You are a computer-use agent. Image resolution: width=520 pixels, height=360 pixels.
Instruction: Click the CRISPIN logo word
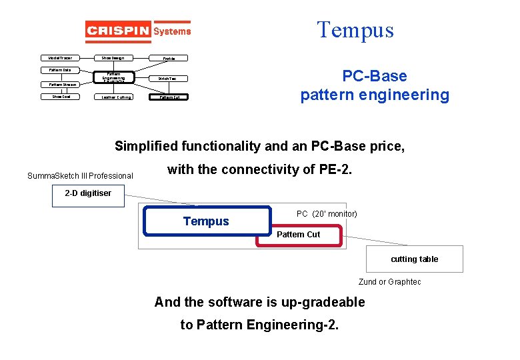coord(117,31)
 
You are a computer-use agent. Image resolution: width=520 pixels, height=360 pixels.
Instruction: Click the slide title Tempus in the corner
coord(355,30)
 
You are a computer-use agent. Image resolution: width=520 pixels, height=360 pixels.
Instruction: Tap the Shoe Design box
coord(113,58)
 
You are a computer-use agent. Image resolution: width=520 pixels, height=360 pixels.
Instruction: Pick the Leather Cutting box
coord(116,97)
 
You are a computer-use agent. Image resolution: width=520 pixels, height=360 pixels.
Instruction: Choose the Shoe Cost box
coord(61,97)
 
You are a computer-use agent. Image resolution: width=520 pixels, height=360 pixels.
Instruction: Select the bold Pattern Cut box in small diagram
coord(169,97)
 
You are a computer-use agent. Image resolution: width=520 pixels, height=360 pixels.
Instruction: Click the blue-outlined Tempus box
coord(206,221)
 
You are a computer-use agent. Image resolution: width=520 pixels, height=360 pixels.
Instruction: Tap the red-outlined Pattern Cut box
coord(299,235)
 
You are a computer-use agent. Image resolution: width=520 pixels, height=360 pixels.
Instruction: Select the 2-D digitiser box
coord(88,194)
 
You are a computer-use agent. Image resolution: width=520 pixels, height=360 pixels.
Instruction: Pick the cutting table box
coord(414,259)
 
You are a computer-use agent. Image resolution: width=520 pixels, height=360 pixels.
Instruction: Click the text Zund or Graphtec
coord(390,282)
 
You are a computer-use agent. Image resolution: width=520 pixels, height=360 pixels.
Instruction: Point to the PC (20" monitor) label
coord(327,213)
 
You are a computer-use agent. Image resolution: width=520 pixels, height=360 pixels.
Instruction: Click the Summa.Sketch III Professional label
coord(80,176)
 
